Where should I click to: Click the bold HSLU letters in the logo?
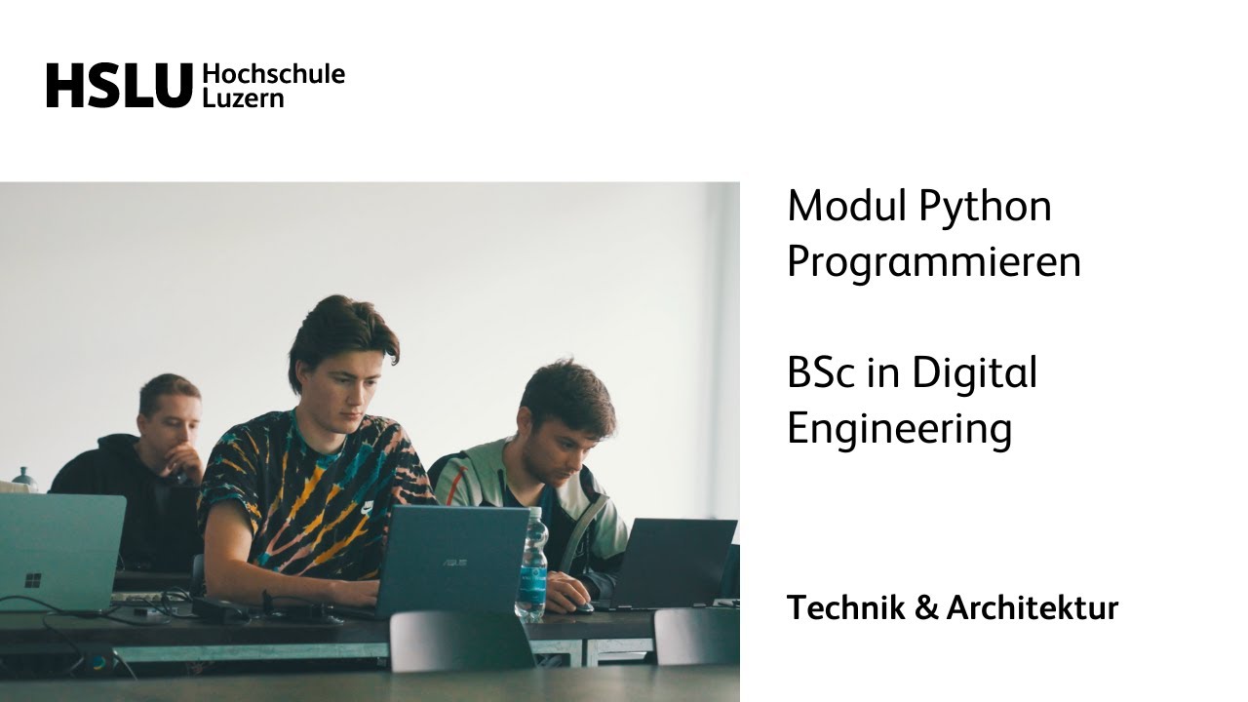119,86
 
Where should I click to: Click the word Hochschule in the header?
273,74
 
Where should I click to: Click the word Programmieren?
933,263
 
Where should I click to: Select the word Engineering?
898,429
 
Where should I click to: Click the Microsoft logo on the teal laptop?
32,580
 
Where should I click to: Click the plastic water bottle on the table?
531,565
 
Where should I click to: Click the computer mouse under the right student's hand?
582,606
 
